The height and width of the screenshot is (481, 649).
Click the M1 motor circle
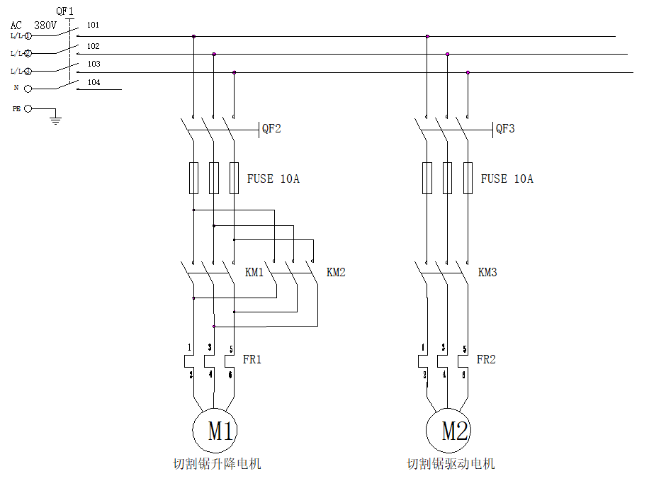tap(215, 431)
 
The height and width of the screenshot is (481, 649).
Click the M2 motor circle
tap(448, 431)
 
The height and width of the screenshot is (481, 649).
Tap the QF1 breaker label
tap(64, 11)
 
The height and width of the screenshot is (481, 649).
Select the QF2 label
tap(271, 129)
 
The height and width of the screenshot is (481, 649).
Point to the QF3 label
tap(505, 129)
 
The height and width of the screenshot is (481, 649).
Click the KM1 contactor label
tap(254, 273)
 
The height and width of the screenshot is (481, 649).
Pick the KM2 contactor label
tap(336, 273)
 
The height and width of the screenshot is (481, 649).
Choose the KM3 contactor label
tap(487, 273)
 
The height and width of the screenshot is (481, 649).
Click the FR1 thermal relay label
tap(252, 360)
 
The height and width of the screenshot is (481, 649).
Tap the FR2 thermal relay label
tap(486, 360)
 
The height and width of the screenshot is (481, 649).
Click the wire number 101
tap(93, 26)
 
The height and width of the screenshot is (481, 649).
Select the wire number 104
tap(94, 83)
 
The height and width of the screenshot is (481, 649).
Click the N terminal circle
tap(28, 89)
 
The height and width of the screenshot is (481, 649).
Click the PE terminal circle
tap(28, 109)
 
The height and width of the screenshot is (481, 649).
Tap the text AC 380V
tap(33, 25)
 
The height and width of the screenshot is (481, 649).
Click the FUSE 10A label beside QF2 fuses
tap(273, 179)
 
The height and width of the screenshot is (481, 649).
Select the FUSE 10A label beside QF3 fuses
tap(507, 179)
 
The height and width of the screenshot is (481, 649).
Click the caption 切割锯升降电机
tap(217, 465)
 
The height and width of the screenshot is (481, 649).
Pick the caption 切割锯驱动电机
tap(451, 465)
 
